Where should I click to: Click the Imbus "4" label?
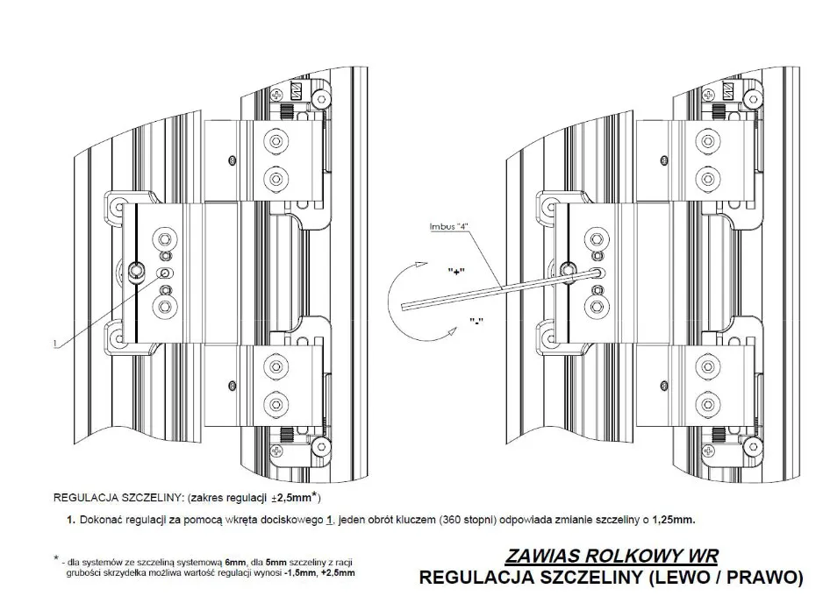(x=448, y=226)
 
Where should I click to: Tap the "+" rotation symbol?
(x=456, y=271)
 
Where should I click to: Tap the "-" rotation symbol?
(x=476, y=320)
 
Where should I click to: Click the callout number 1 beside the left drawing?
(x=55, y=344)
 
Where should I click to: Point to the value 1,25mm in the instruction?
(x=674, y=520)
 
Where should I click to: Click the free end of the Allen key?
(x=402, y=307)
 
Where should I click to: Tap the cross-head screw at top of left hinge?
(x=277, y=95)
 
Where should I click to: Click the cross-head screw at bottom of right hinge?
(x=709, y=451)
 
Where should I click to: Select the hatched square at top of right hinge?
(x=728, y=91)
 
